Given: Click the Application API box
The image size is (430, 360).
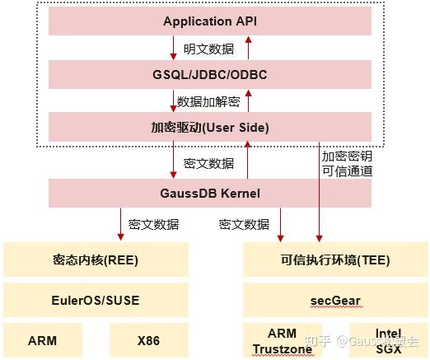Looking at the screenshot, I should pyautogui.click(x=210, y=21).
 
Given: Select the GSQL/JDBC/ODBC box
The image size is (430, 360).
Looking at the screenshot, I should pyautogui.click(x=210, y=74).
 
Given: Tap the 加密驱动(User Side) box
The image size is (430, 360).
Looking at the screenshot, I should pyautogui.click(x=210, y=128).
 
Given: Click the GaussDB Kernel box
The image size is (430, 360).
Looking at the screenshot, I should pyautogui.click(x=210, y=194).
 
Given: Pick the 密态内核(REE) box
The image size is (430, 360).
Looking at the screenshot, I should pyautogui.click(x=95, y=259).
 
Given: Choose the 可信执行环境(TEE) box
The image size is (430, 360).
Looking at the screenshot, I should pyautogui.click(x=333, y=259).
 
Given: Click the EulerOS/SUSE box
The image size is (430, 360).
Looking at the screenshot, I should pyautogui.click(x=95, y=300).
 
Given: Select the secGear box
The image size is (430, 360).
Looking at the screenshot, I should pyautogui.click(x=333, y=300).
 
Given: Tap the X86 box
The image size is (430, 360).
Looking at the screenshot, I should pyautogui.click(x=147, y=339).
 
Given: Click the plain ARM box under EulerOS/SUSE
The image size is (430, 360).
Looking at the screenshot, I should pyautogui.click(x=42, y=339).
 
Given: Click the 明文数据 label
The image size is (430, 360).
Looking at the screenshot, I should pyautogui.click(x=208, y=49).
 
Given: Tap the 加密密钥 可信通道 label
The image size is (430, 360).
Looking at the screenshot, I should pyautogui.click(x=347, y=163).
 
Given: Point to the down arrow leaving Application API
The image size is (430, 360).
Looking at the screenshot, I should pyautogui.click(x=174, y=48).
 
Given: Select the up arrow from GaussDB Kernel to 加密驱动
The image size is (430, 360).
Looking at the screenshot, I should pyautogui.click(x=247, y=161).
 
